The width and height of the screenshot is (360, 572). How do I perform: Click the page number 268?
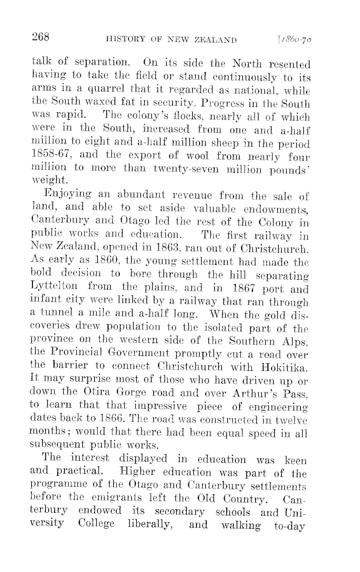pos(40,37)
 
